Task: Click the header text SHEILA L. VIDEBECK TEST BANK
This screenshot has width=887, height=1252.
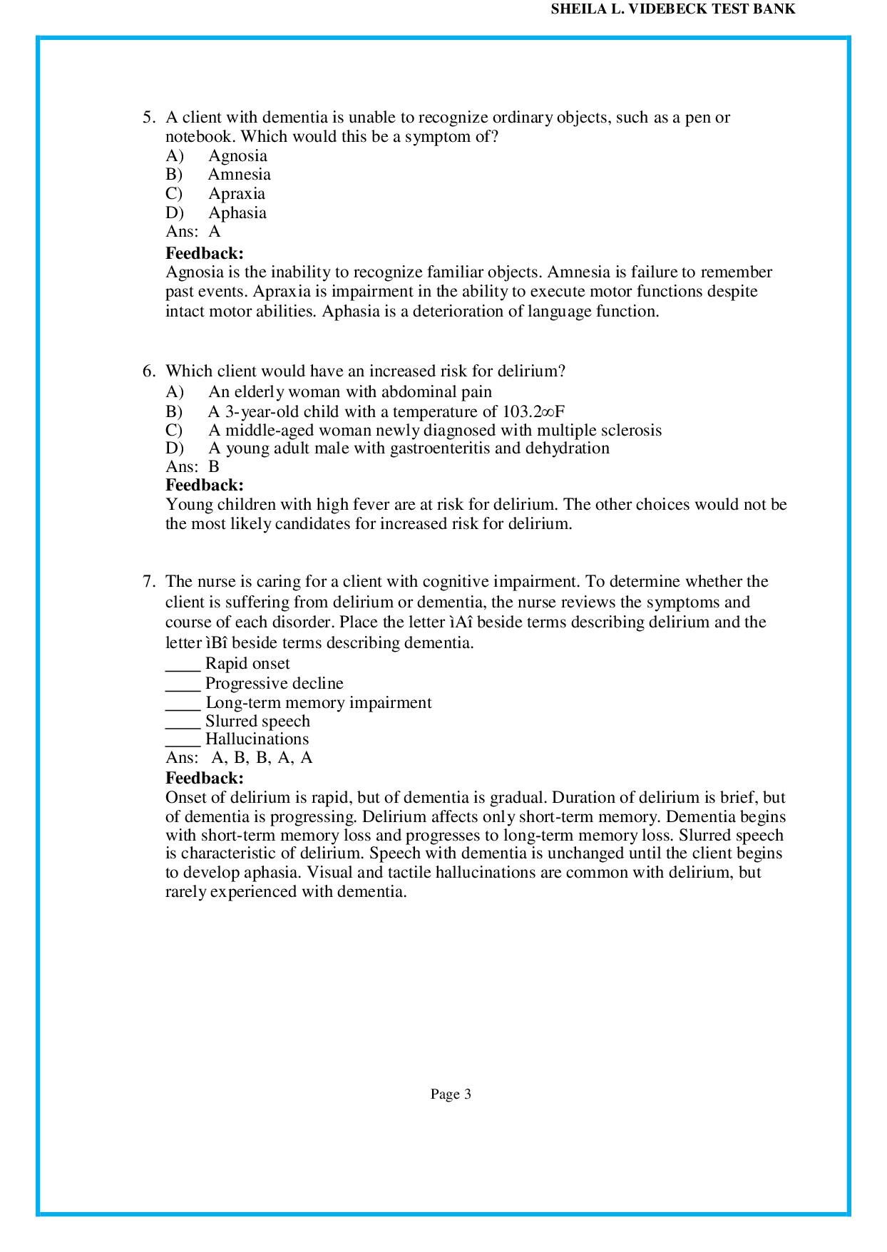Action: click(x=673, y=9)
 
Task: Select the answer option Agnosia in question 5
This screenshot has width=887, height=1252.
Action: click(x=237, y=156)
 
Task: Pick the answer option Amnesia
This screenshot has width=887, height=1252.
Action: click(x=239, y=175)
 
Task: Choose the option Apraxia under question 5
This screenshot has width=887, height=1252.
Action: click(x=236, y=194)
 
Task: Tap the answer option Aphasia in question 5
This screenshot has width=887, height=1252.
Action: click(x=237, y=213)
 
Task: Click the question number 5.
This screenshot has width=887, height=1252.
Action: click(x=148, y=118)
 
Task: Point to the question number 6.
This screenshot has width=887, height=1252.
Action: click(x=148, y=371)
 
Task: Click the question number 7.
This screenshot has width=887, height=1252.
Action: click(x=148, y=582)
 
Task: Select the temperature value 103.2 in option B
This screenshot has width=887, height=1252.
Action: click(x=522, y=412)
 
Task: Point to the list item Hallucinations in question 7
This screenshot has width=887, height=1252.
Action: click(x=257, y=739)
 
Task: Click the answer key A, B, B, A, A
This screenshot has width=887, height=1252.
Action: click(x=262, y=758)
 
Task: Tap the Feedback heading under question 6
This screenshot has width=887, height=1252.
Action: click(x=205, y=486)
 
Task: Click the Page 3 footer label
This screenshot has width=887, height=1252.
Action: click(x=451, y=1094)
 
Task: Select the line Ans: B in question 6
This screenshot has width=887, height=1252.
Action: click(x=193, y=467)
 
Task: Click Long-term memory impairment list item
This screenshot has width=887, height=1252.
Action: click(x=318, y=703)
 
